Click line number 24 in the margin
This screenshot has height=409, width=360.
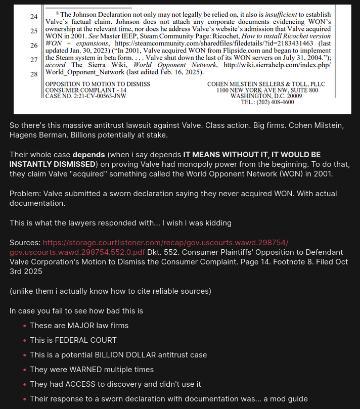tap(34, 17)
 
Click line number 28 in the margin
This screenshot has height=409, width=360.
tap(34, 74)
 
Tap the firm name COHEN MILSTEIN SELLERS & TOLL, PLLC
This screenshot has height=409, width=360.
tap(266, 84)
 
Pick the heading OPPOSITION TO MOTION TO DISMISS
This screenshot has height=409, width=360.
tap(98, 84)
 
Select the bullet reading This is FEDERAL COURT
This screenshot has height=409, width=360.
tap(73, 340)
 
